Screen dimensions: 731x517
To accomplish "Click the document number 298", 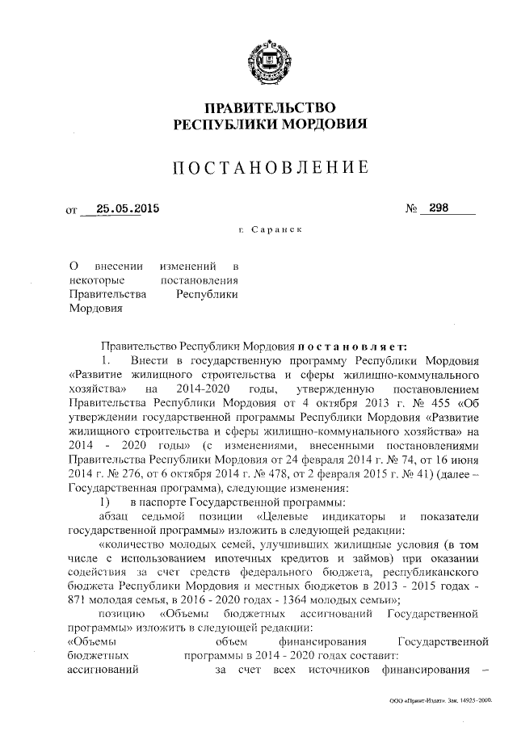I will point(440,208).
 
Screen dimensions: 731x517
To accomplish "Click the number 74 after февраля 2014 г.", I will point(397,456).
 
